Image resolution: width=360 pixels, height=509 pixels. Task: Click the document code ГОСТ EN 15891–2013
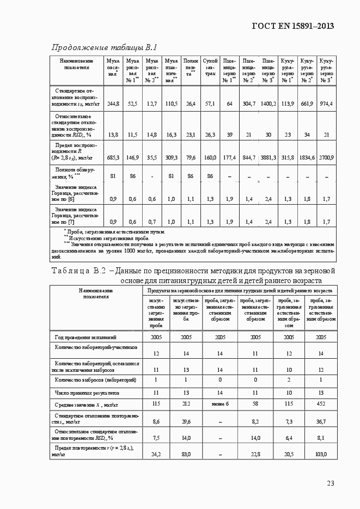[292, 26]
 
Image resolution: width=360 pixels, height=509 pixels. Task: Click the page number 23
[330, 482]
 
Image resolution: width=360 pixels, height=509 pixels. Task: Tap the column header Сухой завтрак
[210, 71]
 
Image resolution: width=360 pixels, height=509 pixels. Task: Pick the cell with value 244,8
[113, 103]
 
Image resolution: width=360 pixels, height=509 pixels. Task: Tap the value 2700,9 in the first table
[326, 157]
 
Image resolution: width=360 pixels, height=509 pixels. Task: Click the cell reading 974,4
[326, 103]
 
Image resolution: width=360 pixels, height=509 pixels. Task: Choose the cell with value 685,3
[113, 157]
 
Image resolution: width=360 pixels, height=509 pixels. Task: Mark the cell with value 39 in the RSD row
[229, 134]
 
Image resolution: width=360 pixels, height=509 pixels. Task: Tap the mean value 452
[320, 403]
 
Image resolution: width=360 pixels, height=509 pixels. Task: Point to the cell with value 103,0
[320, 453]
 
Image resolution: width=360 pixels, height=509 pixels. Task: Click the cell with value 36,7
[320, 421]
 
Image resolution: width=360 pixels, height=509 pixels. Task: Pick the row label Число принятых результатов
[87, 392]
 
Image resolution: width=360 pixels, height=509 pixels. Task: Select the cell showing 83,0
[186, 453]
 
